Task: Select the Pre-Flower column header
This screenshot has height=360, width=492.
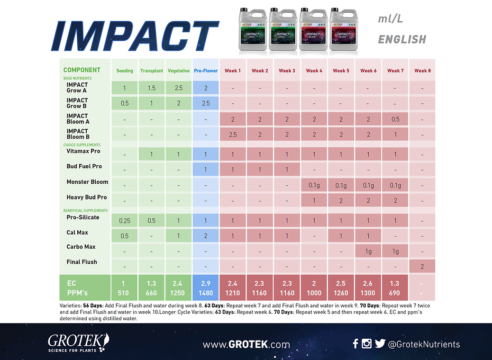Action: coord(205,71)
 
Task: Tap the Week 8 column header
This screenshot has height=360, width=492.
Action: coord(422,71)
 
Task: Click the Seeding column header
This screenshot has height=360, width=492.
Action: coord(125,71)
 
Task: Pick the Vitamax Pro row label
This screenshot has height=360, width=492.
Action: coord(83,152)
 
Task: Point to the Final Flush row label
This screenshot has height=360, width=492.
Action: coord(82,262)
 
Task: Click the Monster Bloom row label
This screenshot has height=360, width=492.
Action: coord(87,182)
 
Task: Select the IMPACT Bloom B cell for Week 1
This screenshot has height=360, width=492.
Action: coord(233,135)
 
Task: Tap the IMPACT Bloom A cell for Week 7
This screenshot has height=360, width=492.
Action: coord(395,119)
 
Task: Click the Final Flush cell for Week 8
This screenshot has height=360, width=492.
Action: coord(422,267)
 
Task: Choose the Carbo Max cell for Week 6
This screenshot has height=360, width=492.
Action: coord(368,252)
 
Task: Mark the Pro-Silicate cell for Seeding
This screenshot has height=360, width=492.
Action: coord(125,221)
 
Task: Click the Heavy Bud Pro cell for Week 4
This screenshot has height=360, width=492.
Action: coord(314,201)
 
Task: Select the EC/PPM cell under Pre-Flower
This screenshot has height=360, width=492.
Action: coord(205,288)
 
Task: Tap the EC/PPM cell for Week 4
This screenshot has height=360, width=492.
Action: coord(314,288)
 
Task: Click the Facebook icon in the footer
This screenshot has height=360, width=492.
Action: coord(355,344)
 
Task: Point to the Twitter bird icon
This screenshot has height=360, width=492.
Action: coord(380,344)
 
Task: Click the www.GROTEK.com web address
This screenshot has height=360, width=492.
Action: coord(246,344)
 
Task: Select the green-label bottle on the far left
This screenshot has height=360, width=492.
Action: coord(252,30)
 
